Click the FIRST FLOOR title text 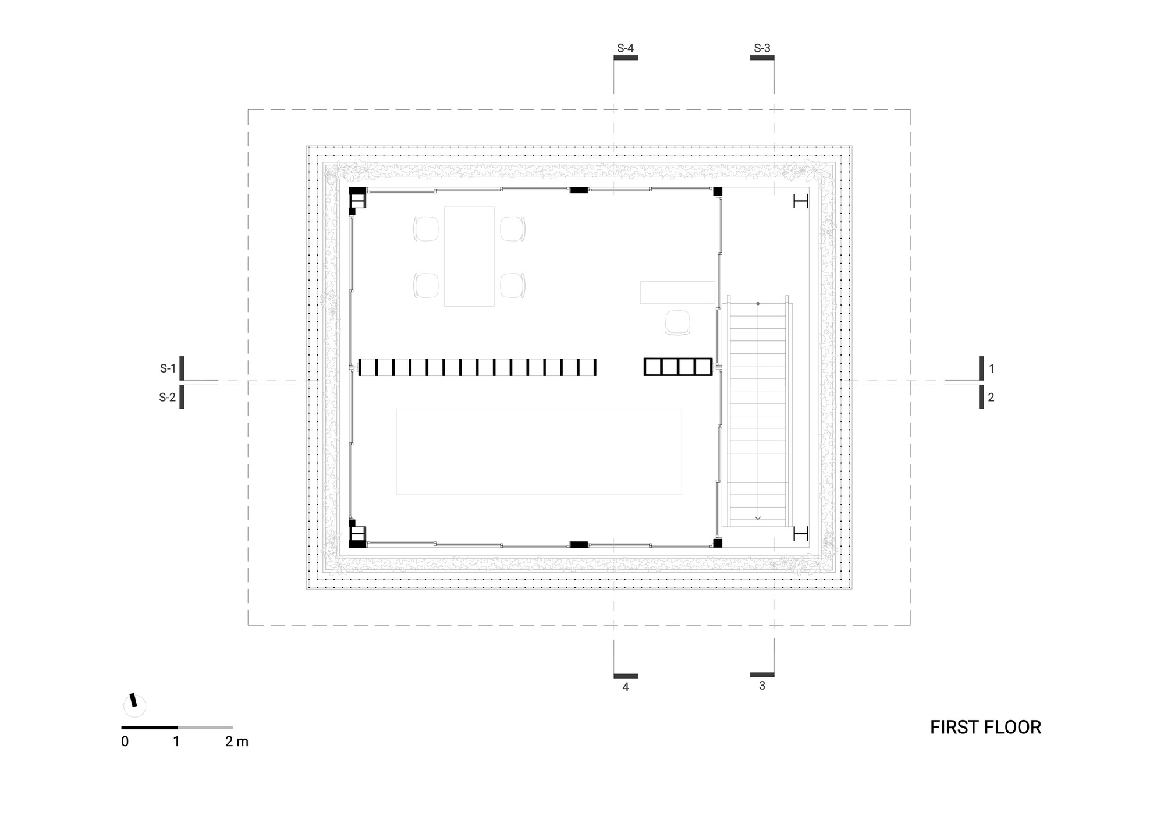(x=985, y=728)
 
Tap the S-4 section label (x=625, y=48)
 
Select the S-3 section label (x=762, y=48)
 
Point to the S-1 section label (x=168, y=368)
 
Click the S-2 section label (x=167, y=398)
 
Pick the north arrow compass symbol (x=134, y=705)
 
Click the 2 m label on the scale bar (x=236, y=742)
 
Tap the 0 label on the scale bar (x=125, y=742)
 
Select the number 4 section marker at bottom (x=626, y=687)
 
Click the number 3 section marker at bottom (x=762, y=686)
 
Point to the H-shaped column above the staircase (x=801, y=201)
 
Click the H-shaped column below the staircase (x=801, y=533)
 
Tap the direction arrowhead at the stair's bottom (x=758, y=517)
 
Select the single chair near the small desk (x=677, y=322)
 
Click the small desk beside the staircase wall (x=677, y=292)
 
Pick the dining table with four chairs (x=469, y=256)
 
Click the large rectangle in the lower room (x=538, y=452)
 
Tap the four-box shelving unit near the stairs (x=678, y=367)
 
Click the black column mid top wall (x=579, y=190)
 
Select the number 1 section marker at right (x=991, y=368)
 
